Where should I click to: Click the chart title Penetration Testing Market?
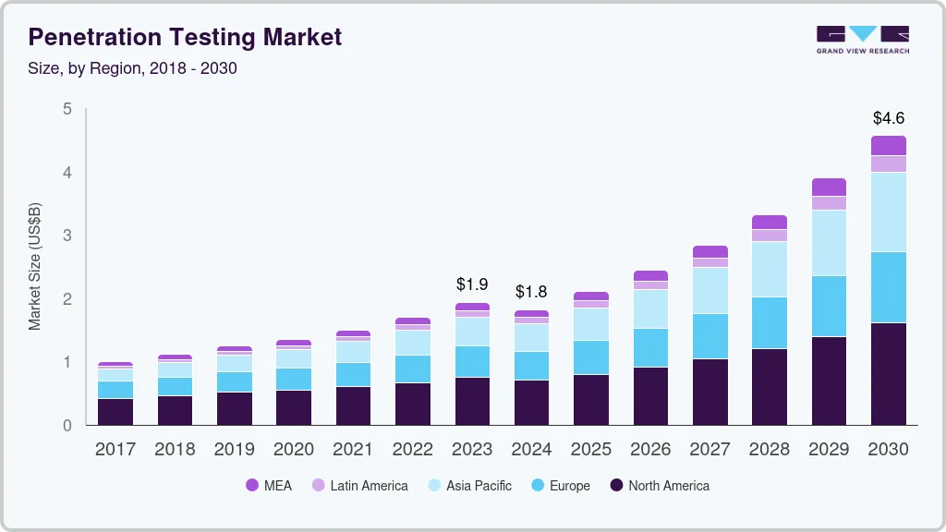coord(185,37)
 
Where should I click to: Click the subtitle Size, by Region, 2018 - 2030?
coord(133,68)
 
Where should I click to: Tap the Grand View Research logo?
coord(863,39)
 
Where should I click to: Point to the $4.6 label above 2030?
coord(889,118)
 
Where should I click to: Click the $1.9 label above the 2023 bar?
coord(473,284)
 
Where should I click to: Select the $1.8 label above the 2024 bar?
coord(532,292)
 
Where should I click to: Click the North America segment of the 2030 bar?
coord(889,374)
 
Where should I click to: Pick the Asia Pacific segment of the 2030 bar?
coord(889,212)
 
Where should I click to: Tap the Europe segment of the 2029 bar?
coord(829,306)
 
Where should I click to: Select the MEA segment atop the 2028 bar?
coord(770,222)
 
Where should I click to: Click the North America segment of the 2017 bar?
coord(115,412)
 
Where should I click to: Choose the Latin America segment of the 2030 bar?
coord(889,163)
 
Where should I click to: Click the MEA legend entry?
coord(269,485)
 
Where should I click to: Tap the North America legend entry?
coord(660,485)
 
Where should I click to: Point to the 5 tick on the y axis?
coord(67,109)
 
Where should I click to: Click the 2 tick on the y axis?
coord(67,299)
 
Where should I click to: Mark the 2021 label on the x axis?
coord(353,449)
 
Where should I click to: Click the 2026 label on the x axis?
coord(650,449)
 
